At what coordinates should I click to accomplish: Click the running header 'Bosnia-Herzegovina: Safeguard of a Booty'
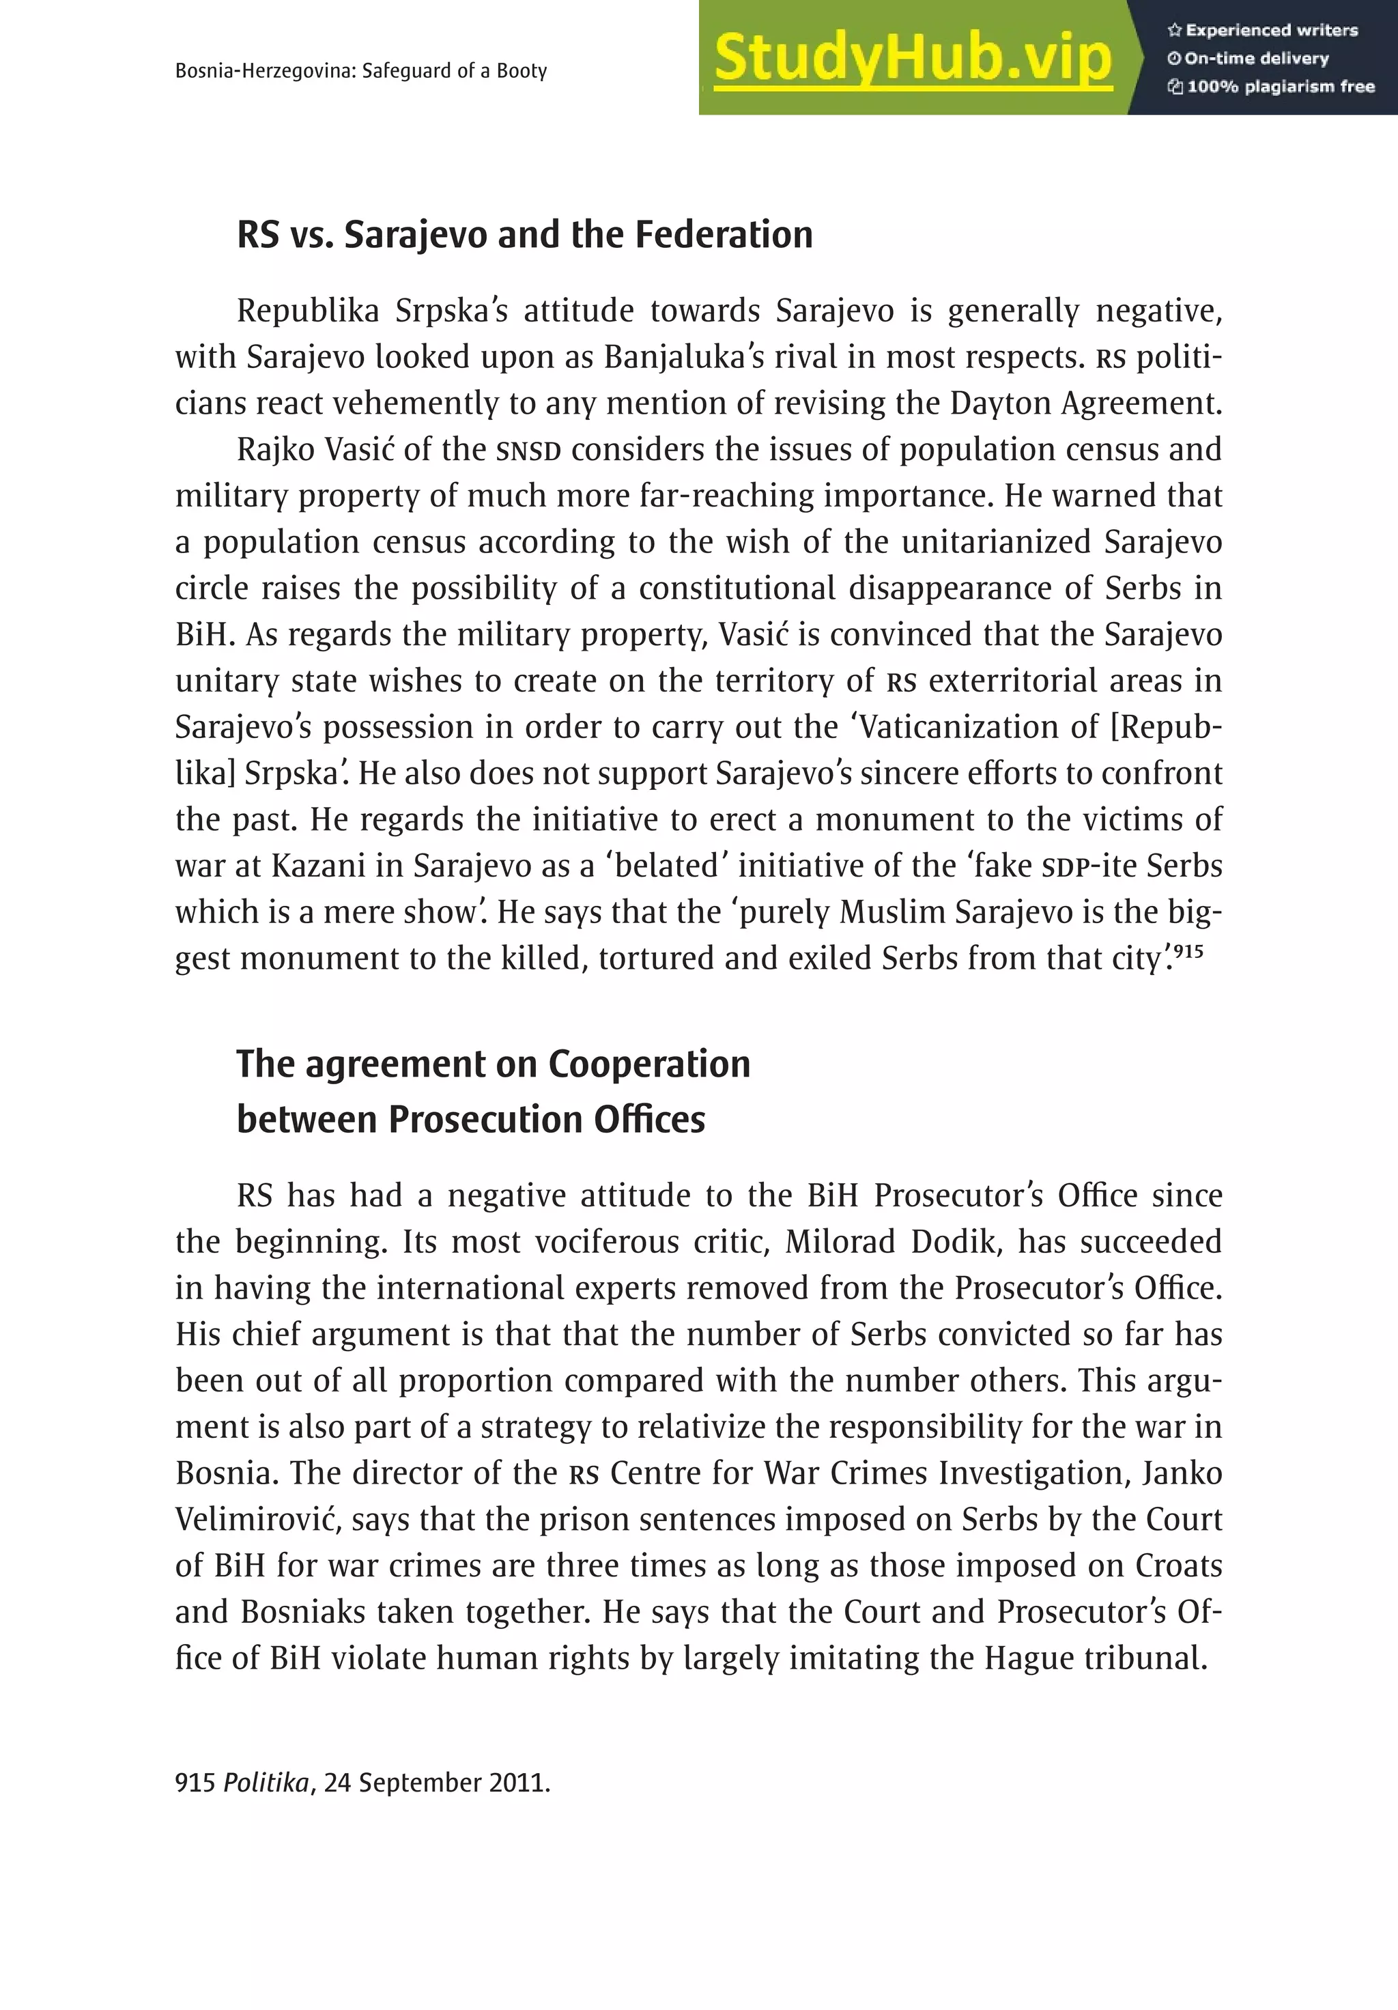(x=360, y=71)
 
